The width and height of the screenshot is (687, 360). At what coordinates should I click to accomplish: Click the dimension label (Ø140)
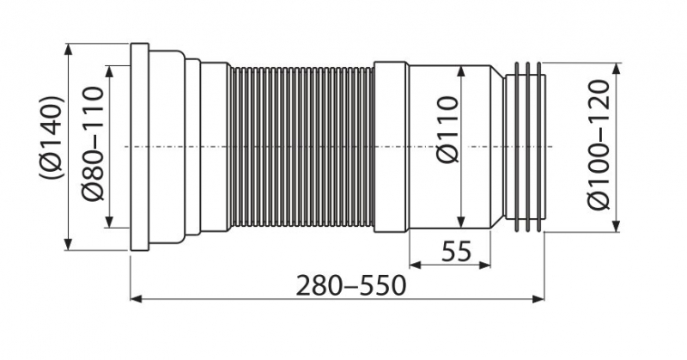(x=52, y=137)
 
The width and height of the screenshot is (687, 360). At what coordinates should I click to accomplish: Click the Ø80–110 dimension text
(x=93, y=143)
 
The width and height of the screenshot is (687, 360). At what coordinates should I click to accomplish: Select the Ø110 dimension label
(x=447, y=130)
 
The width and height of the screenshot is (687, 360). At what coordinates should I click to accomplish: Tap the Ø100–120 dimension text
(x=599, y=144)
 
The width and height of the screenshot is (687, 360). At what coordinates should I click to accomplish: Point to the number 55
(x=456, y=251)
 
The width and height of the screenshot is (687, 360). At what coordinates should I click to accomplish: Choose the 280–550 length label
(x=351, y=286)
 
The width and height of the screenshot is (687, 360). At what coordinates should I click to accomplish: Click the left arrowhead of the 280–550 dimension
(x=137, y=299)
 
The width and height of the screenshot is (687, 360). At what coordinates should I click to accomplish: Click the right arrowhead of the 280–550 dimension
(x=538, y=299)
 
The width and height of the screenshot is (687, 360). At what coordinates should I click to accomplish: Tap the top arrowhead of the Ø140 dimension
(x=68, y=49)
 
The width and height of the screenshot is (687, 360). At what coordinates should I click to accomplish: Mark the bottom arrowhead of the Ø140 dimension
(x=68, y=244)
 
